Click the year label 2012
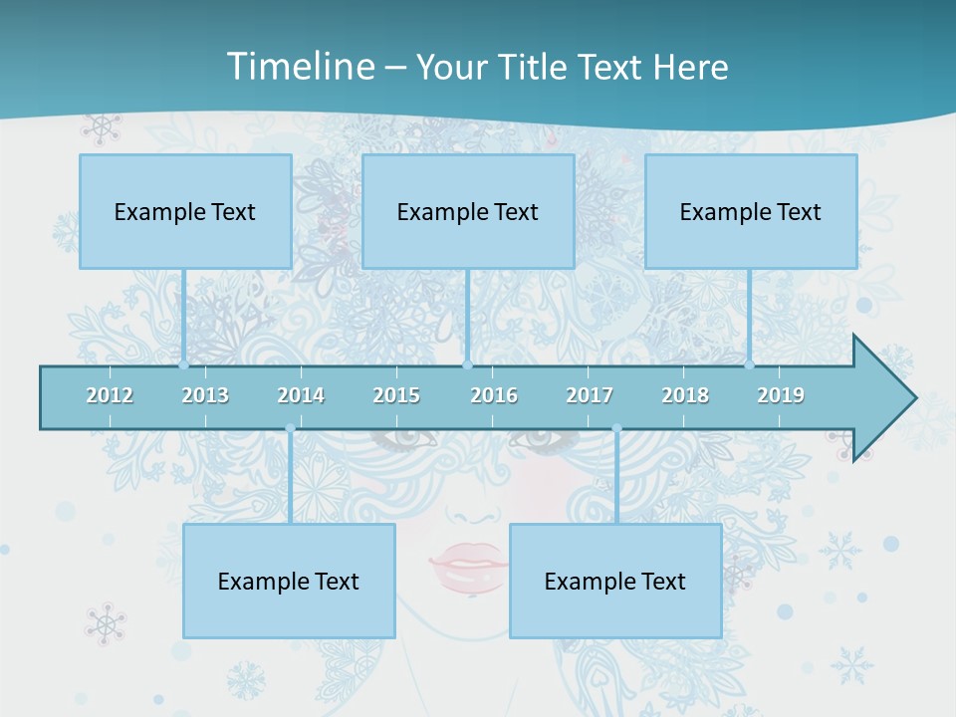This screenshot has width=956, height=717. click(110, 395)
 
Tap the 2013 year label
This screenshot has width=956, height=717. click(205, 395)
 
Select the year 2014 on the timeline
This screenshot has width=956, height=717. click(301, 395)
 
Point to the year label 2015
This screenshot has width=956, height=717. click(396, 395)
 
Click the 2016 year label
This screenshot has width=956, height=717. click(494, 395)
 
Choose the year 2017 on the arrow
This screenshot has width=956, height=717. click(590, 395)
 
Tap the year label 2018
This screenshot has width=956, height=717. click(685, 395)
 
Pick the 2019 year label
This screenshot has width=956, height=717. click(781, 395)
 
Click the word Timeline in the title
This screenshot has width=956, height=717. click(300, 67)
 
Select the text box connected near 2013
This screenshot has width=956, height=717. click(185, 211)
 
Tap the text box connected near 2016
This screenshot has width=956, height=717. click(468, 211)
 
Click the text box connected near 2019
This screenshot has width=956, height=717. click(751, 211)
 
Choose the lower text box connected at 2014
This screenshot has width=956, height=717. click(289, 581)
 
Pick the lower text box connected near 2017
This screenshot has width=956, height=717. click(615, 581)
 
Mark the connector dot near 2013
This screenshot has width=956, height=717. click(184, 364)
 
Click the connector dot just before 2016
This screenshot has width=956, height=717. click(467, 364)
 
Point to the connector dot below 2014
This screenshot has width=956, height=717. click(290, 429)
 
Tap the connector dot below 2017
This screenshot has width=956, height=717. click(616, 429)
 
